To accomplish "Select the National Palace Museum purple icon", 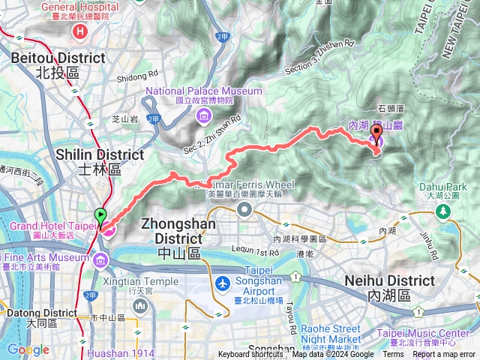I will (203, 115).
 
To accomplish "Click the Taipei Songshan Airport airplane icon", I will (223, 284).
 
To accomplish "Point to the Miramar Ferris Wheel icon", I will (244, 208).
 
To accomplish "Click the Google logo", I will (28, 349).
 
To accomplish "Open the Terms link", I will (393, 355).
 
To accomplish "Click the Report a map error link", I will (444, 355).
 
